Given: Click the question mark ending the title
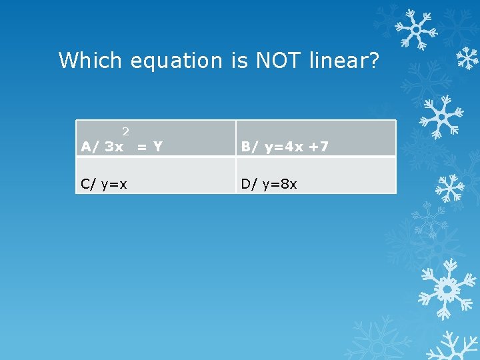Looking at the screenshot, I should (x=373, y=61).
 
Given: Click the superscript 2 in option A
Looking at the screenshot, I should (x=125, y=132).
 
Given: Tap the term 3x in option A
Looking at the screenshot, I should (x=114, y=147).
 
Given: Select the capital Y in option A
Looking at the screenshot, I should (x=157, y=147).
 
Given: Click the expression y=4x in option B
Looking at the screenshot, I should (x=284, y=147).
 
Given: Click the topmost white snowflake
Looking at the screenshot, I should (x=415, y=30).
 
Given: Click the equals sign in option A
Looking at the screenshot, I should (x=141, y=147).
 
